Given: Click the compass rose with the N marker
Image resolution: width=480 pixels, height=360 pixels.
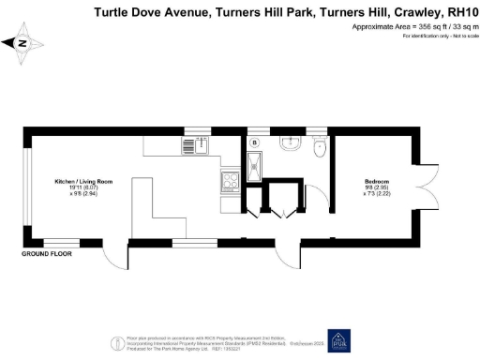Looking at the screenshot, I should tap(23, 43).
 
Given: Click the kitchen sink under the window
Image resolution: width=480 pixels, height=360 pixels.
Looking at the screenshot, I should tap(194, 145).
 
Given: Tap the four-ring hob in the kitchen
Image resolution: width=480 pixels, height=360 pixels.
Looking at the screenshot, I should tap(230, 184).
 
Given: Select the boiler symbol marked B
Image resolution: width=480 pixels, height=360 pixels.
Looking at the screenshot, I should tap(255, 142).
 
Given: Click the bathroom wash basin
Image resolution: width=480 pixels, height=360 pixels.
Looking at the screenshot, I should tap(290, 145).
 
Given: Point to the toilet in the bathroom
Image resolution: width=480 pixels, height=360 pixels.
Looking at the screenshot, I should tap(320, 145).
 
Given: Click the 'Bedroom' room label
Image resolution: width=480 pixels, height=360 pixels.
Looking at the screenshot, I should tap(378, 180).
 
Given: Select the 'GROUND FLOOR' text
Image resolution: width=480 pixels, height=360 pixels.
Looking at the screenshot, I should tap(47, 254).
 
